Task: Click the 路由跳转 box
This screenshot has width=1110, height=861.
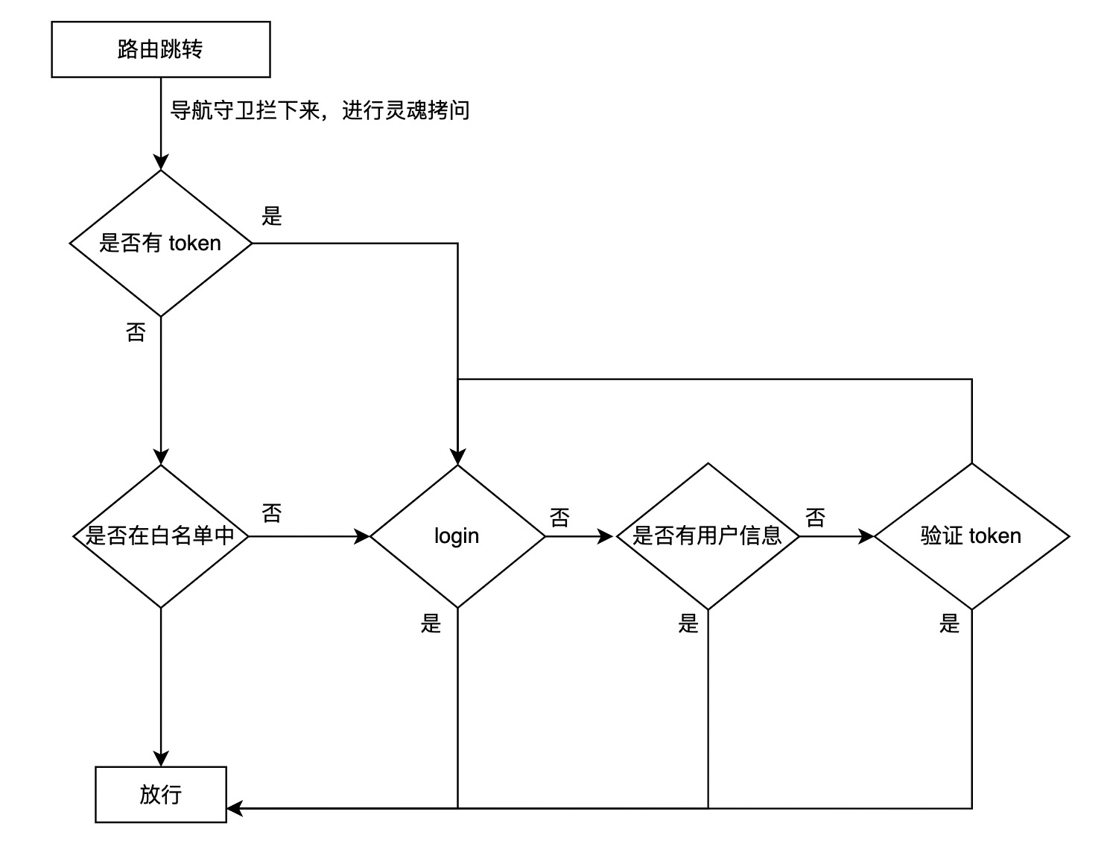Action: click(x=160, y=49)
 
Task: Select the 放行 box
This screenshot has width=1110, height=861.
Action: click(x=160, y=794)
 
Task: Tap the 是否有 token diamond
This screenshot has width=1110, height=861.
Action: click(x=160, y=243)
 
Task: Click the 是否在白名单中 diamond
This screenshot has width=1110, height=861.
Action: click(x=160, y=536)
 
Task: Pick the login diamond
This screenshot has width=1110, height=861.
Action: click(x=457, y=536)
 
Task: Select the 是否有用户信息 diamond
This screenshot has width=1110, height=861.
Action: click(x=707, y=536)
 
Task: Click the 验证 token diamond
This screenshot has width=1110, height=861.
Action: click(x=971, y=536)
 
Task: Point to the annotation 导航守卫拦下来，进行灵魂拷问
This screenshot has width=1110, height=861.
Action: click(x=320, y=110)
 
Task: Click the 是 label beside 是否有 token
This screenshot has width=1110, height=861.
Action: click(x=272, y=216)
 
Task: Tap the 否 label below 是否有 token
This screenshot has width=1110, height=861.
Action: click(x=136, y=332)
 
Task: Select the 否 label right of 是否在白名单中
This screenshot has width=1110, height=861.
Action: click(x=272, y=512)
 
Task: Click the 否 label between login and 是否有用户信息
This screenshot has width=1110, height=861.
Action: click(x=559, y=517)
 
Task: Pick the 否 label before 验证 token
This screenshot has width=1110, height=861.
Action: click(x=816, y=517)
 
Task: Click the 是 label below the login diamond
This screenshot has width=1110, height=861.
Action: click(x=431, y=623)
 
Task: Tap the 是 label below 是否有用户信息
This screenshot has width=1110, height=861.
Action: click(x=688, y=623)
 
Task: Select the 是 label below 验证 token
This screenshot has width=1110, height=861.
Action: click(x=950, y=623)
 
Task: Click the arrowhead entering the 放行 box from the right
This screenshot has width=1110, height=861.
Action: click(x=234, y=808)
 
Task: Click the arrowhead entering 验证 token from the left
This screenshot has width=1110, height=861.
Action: click(x=866, y=536)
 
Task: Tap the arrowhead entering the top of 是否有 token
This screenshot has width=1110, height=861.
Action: click(x=161, y=162)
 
